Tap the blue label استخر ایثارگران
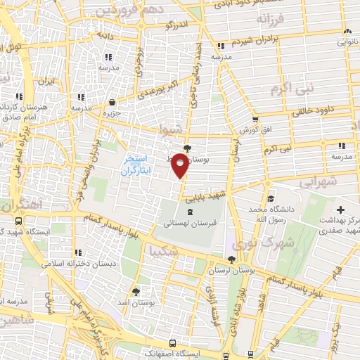[x=136, y=165]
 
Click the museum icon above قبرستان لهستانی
[x=190, y=212]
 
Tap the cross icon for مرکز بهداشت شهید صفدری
[x=340, y=209]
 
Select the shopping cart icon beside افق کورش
[x=255, y=119]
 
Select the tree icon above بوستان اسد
[x=136, y=290]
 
